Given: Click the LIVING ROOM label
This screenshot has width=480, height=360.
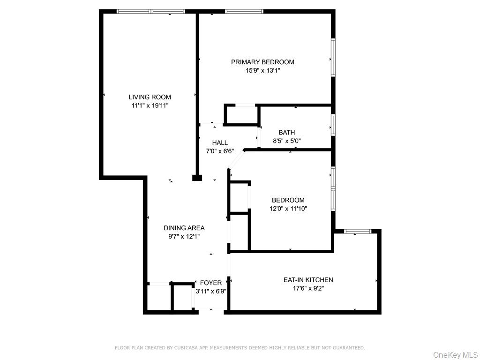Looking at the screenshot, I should coord(150,97).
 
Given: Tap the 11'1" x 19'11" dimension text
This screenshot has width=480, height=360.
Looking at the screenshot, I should coord(150,106).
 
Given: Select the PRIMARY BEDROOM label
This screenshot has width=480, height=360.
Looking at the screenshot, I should coord(262,62).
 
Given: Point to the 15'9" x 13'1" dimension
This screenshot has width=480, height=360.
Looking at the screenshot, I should coord(262,71).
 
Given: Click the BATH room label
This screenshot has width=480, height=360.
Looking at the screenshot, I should coord(286,133).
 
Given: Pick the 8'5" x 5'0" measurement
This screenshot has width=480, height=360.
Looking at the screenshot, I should coord(286,141).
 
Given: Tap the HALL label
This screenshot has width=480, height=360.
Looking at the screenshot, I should coord(220,142).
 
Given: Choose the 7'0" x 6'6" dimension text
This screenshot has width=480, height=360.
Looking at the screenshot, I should coord(220,151).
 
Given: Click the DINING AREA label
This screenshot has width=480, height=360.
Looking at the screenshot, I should coord(184,228).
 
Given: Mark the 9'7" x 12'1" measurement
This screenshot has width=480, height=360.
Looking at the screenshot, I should coord(184,237).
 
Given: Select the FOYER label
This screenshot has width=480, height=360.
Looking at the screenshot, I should coord(211,283).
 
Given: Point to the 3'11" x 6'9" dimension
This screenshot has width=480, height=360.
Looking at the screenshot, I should coord(211,291).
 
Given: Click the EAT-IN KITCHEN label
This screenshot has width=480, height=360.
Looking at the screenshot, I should coord(308,280).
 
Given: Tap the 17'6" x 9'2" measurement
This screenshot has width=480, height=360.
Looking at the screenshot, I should coord(308,288).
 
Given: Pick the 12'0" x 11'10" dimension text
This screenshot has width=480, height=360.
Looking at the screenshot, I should coord(288,209).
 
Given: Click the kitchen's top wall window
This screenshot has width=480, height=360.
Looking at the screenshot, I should coord(358,231).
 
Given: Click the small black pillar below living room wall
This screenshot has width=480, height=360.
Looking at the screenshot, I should coord(197,178).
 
